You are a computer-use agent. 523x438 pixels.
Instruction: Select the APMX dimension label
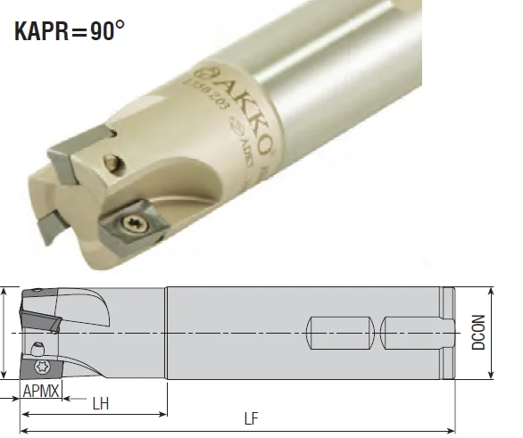(x=41, y=390)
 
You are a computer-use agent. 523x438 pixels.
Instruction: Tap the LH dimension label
(x=101, y=403)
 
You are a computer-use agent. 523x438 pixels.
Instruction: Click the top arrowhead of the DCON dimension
(x=493, y=291)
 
